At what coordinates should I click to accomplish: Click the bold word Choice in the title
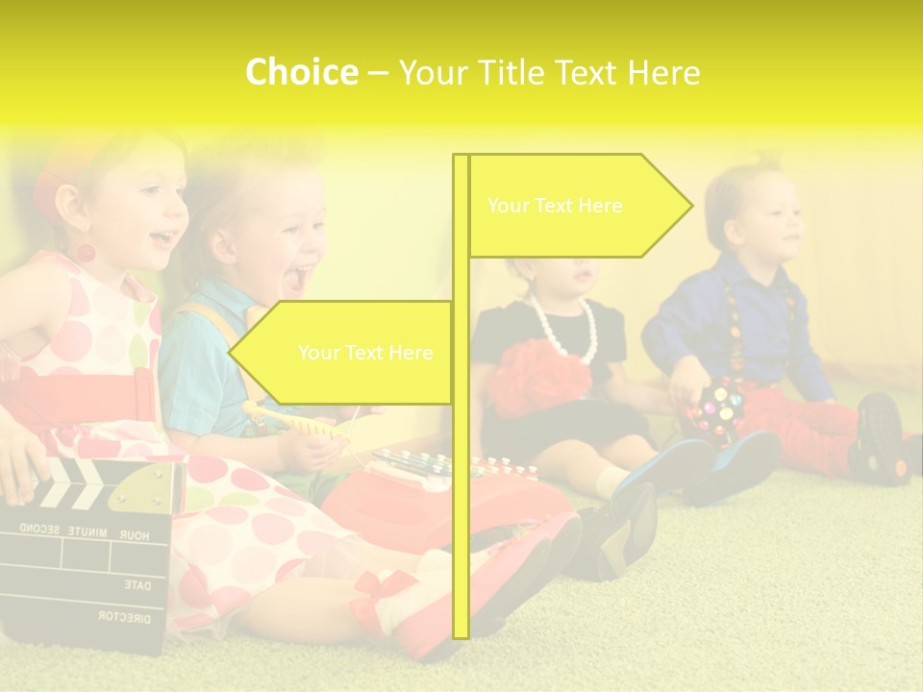point(301,72)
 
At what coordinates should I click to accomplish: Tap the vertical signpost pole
point(461,481)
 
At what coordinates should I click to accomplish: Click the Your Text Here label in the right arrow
point(555,206)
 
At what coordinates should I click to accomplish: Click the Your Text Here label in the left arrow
point(365,353)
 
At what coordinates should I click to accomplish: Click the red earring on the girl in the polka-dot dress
point(86,254)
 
